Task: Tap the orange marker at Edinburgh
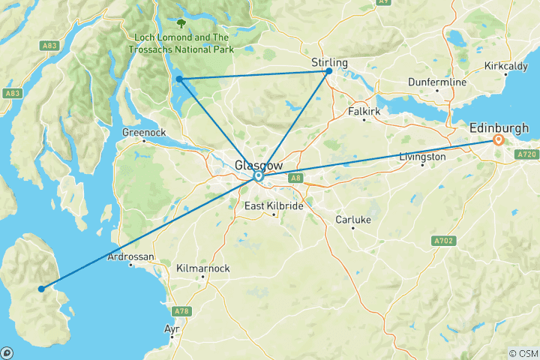tap(498, 140)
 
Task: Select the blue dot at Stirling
tap(329, 71)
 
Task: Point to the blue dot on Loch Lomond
tap(179, 79)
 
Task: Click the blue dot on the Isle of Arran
tap(41, 288)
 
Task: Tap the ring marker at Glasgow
tap(258, 177)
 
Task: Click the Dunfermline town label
tap(438, 81)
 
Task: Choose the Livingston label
tap(422, 157)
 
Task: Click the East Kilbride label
tap(274, 205)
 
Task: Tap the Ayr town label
tap(172, 328)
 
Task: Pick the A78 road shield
tap(179, 310)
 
